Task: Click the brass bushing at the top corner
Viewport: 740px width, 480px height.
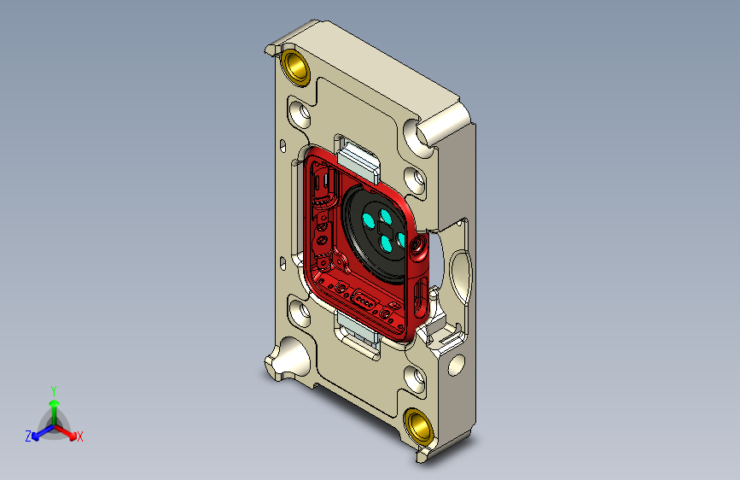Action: [x=295, y=67]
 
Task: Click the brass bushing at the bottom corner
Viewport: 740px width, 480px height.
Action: [x=418, y=426]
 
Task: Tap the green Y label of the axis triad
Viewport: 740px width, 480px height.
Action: [x=54, y=391]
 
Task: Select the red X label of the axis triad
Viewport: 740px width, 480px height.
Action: [x=79, y=436]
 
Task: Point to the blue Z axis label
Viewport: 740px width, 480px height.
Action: [x=28, y=436]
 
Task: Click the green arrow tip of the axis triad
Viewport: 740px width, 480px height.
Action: [x=54, y=404]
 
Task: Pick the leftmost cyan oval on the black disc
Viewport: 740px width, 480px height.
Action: [x=368, y=220]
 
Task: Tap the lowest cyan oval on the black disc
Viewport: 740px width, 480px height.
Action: [x=387, y=243]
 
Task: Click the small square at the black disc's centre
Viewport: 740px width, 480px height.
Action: [x=383, y=228]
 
